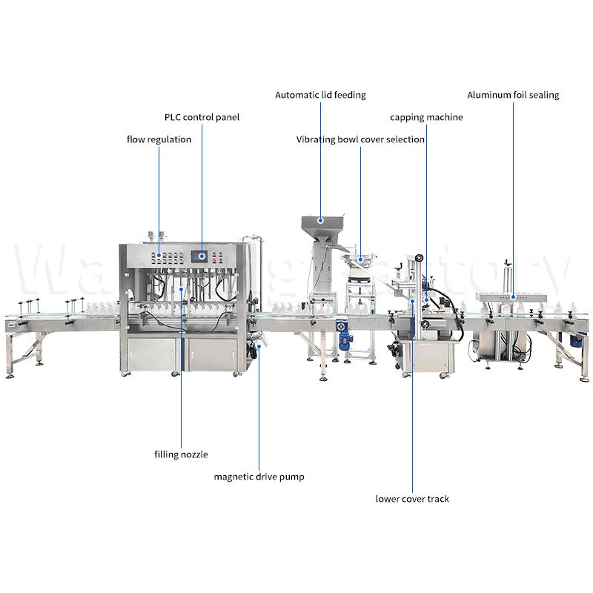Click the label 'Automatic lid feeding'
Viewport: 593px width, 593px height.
tap(320, 95)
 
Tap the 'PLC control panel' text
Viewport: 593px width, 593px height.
tap(202, 117)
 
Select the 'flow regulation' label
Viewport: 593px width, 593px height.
tap(159, 139)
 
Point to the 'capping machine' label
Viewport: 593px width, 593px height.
tap(426, 117)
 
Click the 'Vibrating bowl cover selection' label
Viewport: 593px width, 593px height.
tap(360, 139)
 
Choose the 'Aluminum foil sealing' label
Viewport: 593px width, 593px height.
tap(513, 95)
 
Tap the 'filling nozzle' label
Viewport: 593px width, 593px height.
tap(181, 454)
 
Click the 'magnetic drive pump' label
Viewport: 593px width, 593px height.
tap(259, 477)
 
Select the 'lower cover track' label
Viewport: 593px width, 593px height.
tap(412, 499)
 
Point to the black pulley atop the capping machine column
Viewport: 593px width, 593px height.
tap(420, 258)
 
